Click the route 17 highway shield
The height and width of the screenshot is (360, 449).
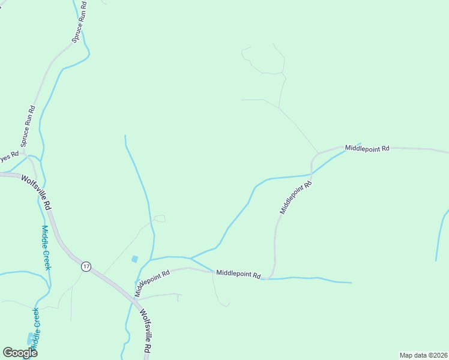86,266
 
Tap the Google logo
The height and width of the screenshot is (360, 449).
20,352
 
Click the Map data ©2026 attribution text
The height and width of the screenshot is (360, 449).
423,355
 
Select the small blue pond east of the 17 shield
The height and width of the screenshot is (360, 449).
134,259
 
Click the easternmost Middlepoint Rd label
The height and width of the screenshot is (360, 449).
367,148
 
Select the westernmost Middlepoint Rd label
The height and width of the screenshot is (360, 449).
152,282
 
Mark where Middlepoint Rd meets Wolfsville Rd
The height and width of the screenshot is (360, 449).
134,298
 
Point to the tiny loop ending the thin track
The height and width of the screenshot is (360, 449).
159,218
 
